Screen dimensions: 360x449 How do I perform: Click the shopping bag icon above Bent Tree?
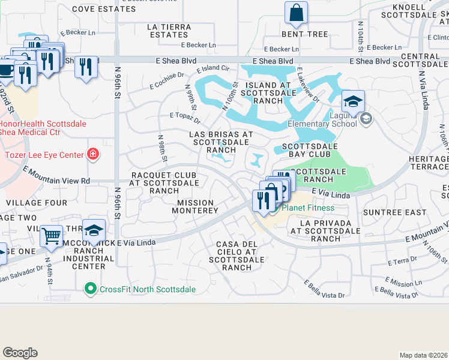click(x=296, y=12)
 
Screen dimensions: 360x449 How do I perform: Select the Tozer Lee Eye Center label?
click(x=44, y=155)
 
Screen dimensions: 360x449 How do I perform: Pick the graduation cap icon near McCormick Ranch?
click(x=94, y=230)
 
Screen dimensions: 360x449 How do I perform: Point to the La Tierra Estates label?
click(x=170, y=31)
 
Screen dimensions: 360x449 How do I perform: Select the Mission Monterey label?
click(x=196, y=207)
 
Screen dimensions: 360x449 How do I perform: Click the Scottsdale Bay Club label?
click(x=310, y=150)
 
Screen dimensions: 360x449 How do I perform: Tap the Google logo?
click(x=20, y=353)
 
